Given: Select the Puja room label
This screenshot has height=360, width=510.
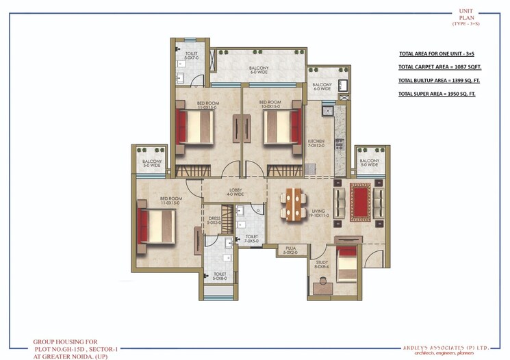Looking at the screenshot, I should coord(290,251).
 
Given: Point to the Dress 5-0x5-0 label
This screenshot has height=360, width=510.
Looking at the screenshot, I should coord(214,221).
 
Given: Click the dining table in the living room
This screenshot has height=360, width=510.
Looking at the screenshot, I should coord(294,203).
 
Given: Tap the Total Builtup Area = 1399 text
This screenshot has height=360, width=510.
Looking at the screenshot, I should coord(435,80).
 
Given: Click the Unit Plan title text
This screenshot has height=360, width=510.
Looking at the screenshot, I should coord(466,15).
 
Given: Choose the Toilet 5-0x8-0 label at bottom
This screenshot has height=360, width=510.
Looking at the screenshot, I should coord(220,277).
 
